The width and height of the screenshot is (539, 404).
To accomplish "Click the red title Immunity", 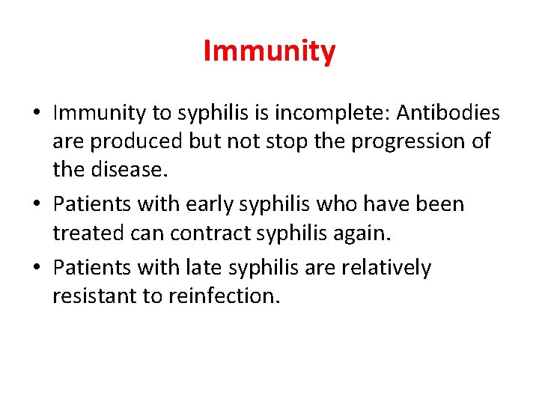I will (269, 52).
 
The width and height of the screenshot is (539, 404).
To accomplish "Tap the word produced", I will (133, 141).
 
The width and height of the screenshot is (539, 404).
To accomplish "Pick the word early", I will (219, 204).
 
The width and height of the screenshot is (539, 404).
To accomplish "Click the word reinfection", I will (224, 296).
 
